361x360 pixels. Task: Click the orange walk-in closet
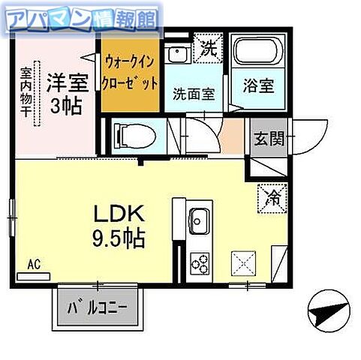131,73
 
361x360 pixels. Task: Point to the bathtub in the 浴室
257,53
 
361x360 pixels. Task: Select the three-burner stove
200,262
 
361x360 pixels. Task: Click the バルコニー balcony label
97,307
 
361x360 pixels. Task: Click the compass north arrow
329,307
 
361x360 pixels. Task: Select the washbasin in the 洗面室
177,54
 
